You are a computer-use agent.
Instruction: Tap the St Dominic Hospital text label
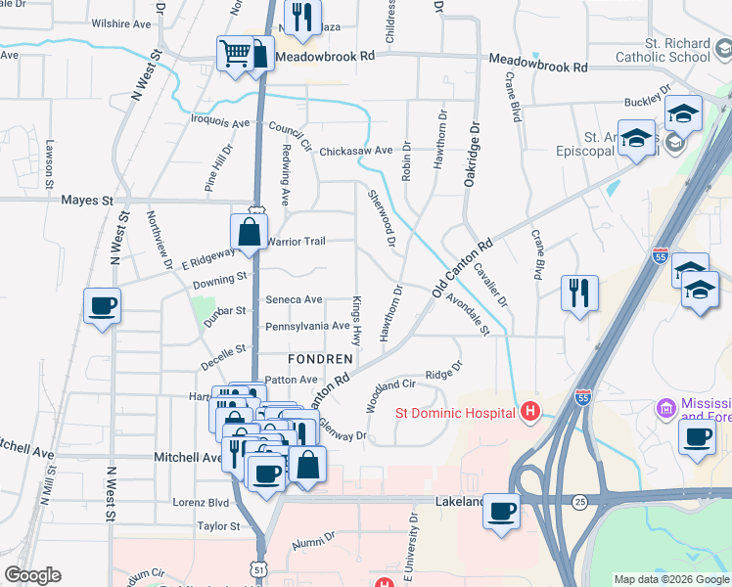coord(455,412)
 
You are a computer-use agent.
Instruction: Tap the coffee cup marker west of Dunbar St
coord(103,306)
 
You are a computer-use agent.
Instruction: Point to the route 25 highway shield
coord(581,502)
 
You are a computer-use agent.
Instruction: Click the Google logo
coord(32,575)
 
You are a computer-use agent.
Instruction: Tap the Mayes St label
coord(88,201)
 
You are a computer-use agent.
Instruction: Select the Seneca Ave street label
coord(294,299)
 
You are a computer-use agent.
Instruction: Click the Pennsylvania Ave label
coord(307,326)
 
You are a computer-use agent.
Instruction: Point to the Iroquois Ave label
coord(220,123)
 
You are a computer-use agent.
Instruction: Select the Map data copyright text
coord(670,579)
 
